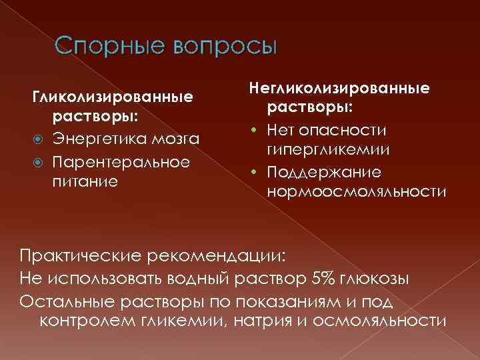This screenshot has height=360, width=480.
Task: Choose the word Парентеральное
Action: (x=121, y=161)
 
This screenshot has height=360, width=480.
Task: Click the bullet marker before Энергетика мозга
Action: (x=37, y=139)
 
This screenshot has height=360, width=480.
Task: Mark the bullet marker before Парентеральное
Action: (x=37, y=162)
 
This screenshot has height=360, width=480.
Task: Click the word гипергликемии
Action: (x=329, y=150)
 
